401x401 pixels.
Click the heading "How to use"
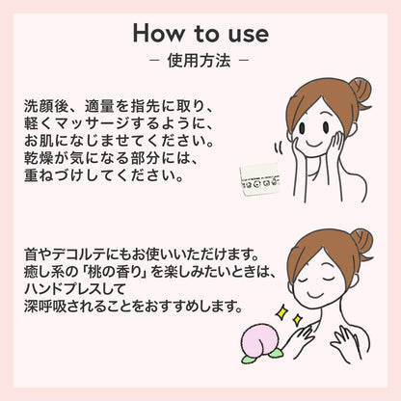(x=200, y=33)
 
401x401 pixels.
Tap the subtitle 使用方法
(x=200, y=61)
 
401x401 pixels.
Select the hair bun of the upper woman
(x=360, y=91)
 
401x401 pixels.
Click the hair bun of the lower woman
(x=361, y=240)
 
